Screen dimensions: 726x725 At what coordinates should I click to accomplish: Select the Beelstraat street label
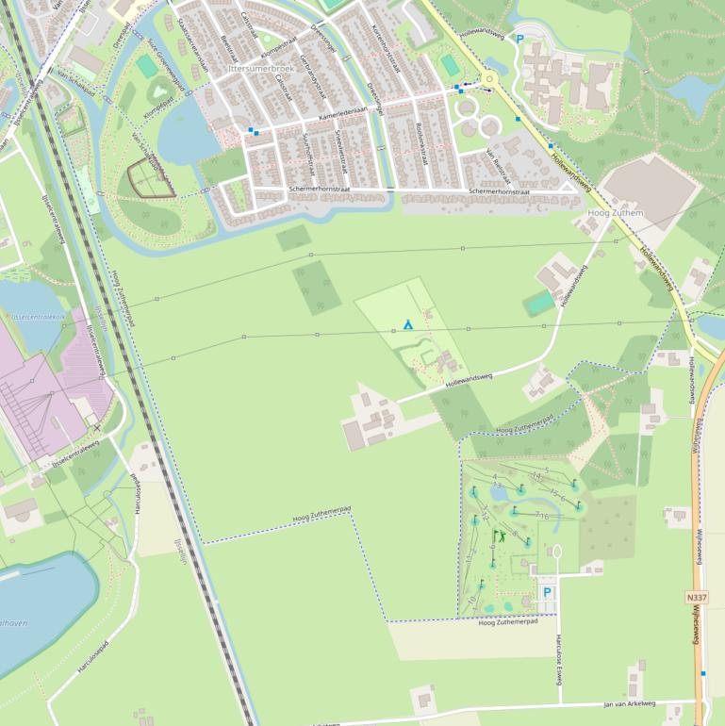pyautogui.click(x=227, y=51)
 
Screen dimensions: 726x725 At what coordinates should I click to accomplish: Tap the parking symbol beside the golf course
pyautogui.click(x=546, y=594)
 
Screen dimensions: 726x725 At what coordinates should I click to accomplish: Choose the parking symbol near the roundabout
pyautogui.click(x=519, y=40)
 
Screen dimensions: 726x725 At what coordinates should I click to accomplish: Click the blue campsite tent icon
pyautogui.click(x=408, y=323)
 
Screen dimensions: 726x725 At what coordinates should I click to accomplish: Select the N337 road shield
pyautogui.click(x=697, y=598)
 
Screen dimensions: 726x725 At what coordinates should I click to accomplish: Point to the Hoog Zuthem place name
pyautogui.click(x=615, y=213)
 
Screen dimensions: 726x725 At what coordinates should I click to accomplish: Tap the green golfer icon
pyautogui.click(x=500, y=536)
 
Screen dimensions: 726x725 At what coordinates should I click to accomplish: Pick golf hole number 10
pyautogui.click(x=472, y=600)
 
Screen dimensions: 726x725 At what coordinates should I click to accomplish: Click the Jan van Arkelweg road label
pyautogui.click(x=629, y=703)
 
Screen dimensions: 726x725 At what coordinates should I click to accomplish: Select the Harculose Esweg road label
pyautogui.click(x=558, y=655)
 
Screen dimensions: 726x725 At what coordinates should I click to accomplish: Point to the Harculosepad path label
pyautogui.click(x=92, y=657)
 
